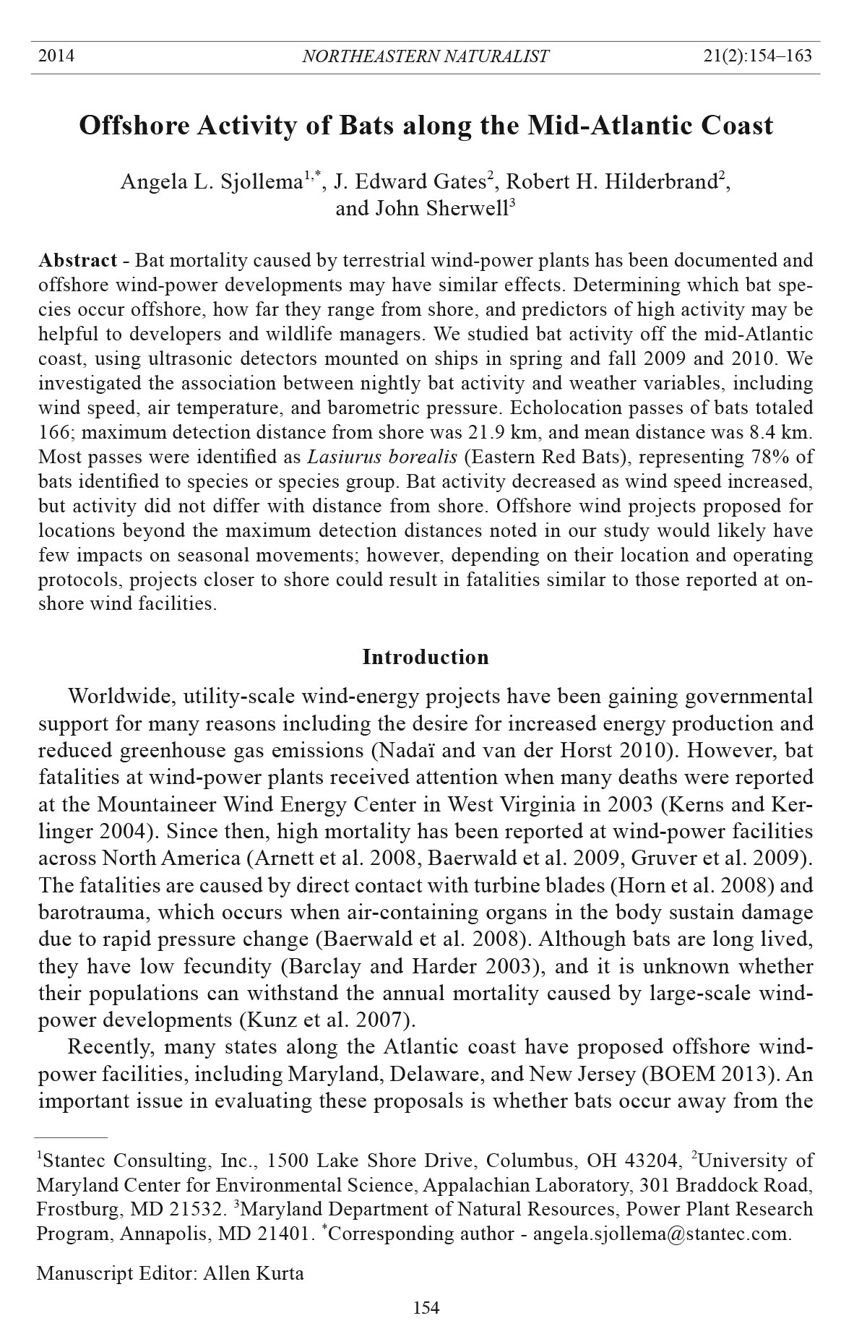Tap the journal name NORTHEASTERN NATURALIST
426,56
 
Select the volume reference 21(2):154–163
758,56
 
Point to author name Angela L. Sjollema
212,182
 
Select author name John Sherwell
441,209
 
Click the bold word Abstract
78,260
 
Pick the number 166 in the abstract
53,433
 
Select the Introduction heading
426,657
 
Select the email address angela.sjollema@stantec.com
660,1234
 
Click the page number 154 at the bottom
426,1307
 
